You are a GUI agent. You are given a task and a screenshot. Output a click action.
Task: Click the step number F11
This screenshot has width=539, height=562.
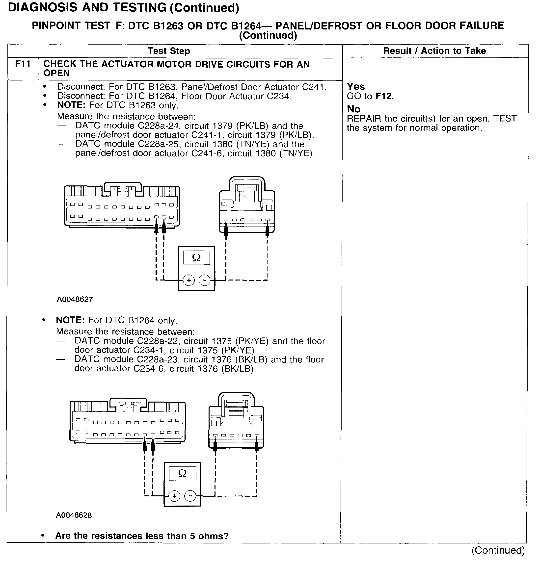23,64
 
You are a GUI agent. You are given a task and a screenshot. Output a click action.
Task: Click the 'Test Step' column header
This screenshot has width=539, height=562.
169,51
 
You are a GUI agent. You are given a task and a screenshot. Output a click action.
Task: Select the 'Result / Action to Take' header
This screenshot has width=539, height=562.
434,51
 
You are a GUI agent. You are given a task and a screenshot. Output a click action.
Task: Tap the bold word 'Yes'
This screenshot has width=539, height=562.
356,87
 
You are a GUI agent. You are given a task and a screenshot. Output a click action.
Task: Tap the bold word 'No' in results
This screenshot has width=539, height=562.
353,109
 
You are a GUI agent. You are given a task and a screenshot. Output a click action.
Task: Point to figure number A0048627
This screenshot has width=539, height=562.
75,299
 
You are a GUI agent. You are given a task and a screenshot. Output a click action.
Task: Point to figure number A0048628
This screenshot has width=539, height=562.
74,515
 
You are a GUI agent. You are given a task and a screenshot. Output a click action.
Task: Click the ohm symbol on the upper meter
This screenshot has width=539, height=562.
196,258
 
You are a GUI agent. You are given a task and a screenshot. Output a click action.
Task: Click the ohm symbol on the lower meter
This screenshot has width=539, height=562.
182,473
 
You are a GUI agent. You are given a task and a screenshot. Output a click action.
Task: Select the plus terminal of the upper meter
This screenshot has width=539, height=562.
189,280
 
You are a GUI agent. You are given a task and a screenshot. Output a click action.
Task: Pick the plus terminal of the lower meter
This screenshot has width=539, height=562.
174,496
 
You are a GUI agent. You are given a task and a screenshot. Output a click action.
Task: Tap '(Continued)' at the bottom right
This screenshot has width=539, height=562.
498,550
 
